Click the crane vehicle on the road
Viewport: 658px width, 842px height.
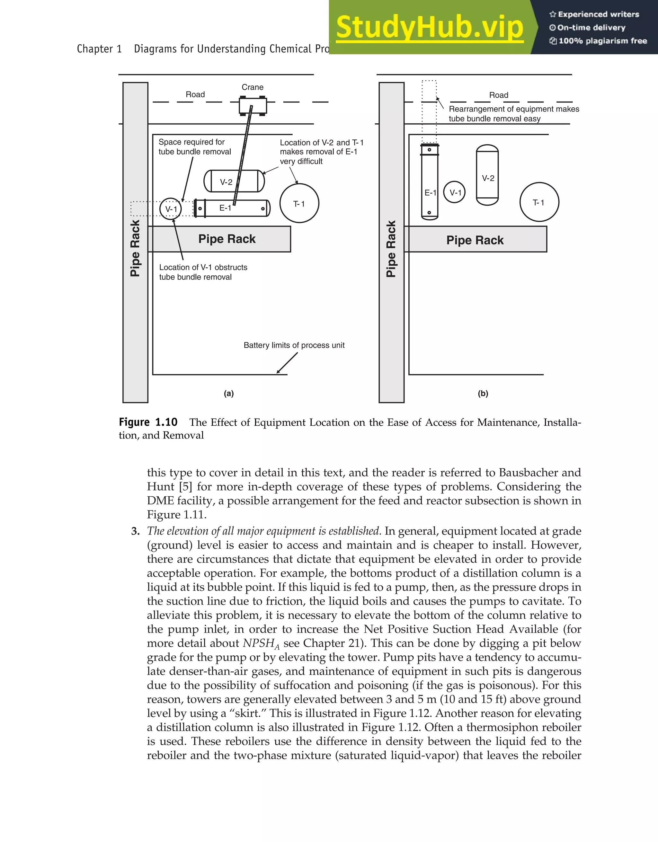(253, 106)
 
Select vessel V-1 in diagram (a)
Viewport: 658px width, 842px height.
(171, 208)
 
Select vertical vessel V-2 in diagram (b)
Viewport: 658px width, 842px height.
(487, 175)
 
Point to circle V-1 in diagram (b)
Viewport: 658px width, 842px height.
(455, 192)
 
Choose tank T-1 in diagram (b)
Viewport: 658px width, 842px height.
(539, 202)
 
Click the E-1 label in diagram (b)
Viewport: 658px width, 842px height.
(430, 193)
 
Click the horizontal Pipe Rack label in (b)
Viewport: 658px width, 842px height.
(475, 240)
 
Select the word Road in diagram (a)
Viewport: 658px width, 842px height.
(195, 94)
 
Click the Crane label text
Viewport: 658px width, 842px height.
(253, 87)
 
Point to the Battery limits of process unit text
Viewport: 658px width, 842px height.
(294, 345)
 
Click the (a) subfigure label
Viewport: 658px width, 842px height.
(229, 394)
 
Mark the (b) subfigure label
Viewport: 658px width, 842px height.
(483, 394)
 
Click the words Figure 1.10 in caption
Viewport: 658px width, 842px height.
(148, 422)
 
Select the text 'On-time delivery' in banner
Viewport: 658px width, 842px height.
(591, 28)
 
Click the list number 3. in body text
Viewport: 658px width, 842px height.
(135, 531)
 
